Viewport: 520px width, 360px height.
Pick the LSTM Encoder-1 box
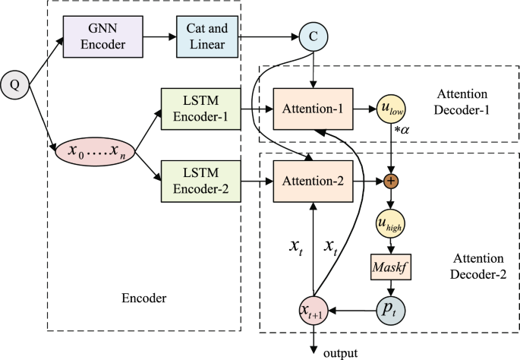coord(199,108)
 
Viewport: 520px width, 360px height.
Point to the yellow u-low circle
coord(390,109)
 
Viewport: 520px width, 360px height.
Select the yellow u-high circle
coord(390,226)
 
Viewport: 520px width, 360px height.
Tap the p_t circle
coord(390,310)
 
